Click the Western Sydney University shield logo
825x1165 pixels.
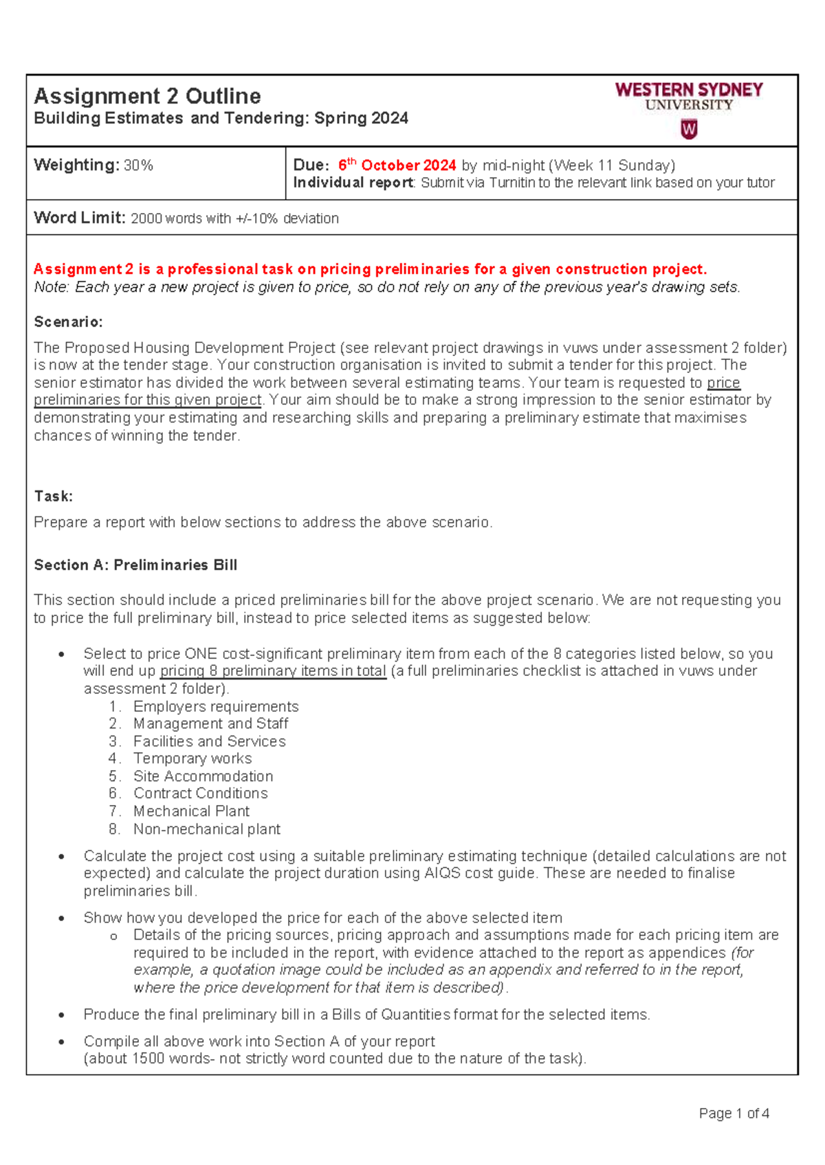point(689,129)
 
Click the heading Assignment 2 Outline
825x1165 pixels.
point(147,95)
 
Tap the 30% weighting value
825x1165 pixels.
point(138,166)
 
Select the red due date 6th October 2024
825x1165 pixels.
point(397,166)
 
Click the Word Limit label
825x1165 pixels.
point(80,218)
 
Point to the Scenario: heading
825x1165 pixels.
point(68,321)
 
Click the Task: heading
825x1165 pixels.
point(53,496)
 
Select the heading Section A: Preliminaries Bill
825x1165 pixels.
point(135,565)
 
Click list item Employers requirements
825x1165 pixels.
point(216,706)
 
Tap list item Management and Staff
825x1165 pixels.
point(210,723)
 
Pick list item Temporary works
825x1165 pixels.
point(192,758)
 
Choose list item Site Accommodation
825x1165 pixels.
point(203,776)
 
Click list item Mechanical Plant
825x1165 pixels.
point(191,811)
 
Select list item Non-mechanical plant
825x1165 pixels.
point(206,829)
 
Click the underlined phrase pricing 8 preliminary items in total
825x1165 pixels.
point(273,671)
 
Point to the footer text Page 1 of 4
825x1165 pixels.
point(734,1113)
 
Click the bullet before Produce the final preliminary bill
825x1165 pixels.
point(62,1015)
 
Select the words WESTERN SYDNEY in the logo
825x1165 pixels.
point(689,90)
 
